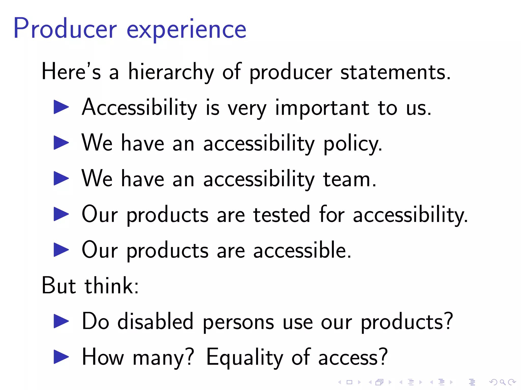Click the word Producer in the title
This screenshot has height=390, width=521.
[65, 28]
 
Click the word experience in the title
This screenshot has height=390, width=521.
[186, 30]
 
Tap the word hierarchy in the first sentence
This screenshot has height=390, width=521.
[171, 72]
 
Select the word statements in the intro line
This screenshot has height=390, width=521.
[395, 72]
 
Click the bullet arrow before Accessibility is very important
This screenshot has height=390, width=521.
[61, 107]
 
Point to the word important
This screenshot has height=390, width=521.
[322, 108]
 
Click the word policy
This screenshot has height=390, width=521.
[353, 144]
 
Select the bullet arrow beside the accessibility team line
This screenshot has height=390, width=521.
[61, 178]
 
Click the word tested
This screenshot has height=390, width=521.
[281, 215]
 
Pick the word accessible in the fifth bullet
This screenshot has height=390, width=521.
[302, 250]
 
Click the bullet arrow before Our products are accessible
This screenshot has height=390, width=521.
[61, 250]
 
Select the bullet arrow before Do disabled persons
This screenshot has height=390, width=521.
[61, 321]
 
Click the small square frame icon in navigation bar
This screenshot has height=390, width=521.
[350, 382]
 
